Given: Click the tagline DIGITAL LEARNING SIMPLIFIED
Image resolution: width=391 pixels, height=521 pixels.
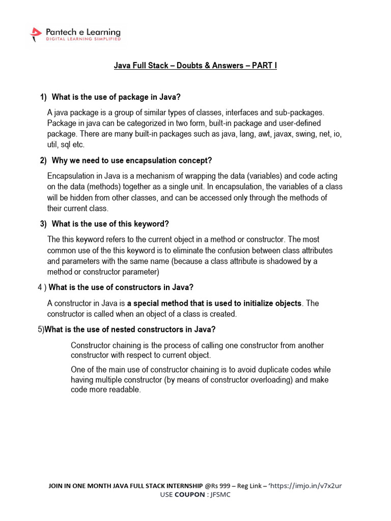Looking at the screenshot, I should tap(83, 39).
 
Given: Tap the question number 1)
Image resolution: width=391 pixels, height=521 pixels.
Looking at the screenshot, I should tap(44, 97).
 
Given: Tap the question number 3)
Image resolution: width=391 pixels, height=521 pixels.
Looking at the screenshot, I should tap(44, 224).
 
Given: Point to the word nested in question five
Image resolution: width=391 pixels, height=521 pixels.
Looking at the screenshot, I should tap(124, 329).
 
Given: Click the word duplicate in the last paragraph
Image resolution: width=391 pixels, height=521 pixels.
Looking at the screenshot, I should tap(259, 369).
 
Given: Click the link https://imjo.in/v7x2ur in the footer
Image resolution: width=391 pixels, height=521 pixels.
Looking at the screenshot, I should tap(307, 486).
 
